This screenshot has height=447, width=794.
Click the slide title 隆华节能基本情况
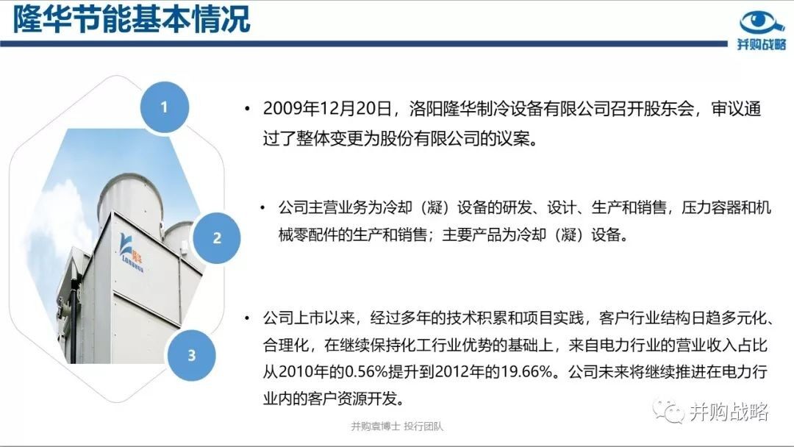coord(132,21)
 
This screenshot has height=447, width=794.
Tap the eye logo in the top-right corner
coord(762,22)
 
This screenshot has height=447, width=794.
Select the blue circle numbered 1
coord(164,107)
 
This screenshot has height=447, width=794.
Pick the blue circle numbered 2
coord(217,238)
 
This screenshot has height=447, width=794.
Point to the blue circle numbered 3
coord(191,355)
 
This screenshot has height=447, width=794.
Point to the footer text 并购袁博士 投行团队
coord(397,426)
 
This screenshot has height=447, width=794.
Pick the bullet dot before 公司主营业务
coord(262,207)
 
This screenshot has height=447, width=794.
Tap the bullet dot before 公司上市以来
coord(247,318)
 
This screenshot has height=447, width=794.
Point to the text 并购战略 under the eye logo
coord(762,45)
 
